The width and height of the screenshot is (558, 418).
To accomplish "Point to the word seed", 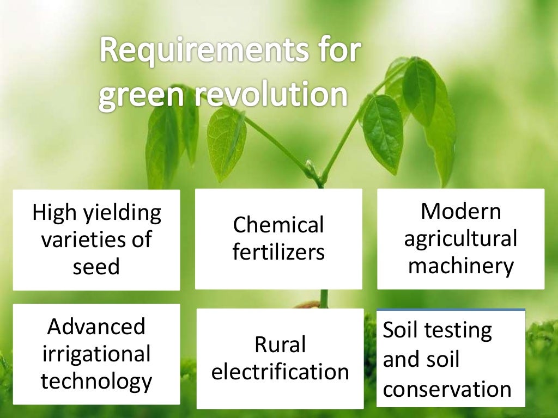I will click(x=96, y=267).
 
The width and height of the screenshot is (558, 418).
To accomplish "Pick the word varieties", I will click(x=77, y=239).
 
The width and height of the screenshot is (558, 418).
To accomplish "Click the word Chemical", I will click(x=278, y=225).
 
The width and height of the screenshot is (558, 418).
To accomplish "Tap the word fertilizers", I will click(x=278, y=252).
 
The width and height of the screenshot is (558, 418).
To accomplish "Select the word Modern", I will click(x=460, y=212).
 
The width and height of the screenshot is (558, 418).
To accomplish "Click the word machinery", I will click(x=460, y=266).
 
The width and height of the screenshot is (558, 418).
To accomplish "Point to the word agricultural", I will click(x=460, y=239).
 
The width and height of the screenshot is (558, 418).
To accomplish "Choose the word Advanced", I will click(x=96, y=327).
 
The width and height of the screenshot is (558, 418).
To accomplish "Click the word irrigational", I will click(x=96, y=354).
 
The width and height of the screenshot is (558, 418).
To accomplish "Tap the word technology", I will click(x=96, y=382).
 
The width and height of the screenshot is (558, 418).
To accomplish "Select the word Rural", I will click(x=280, y=345).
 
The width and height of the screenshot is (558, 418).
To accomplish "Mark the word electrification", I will click(x=280, y=372).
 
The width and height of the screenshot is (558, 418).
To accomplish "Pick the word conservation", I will click(x=447, y=389).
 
